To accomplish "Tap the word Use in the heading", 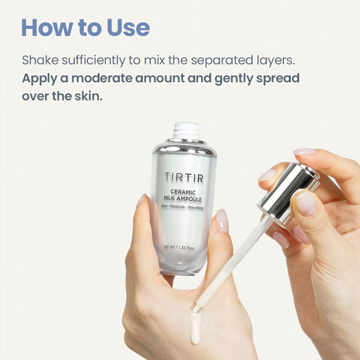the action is [128, 28].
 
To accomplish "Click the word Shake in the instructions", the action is [40, 60].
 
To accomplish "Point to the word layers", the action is [276, 61].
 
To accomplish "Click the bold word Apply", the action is [40, 79].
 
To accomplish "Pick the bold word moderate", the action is [102, 79].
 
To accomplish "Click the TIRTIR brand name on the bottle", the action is [184, 178].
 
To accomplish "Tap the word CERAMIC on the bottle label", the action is [183, 192].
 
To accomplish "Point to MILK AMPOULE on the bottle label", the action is [183, 199].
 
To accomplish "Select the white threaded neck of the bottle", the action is [187, 130].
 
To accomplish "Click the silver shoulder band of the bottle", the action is [184, 148].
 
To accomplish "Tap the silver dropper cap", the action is [289, 193].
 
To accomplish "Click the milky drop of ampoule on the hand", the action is [196, 327].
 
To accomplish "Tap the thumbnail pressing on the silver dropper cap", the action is [306, 203].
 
